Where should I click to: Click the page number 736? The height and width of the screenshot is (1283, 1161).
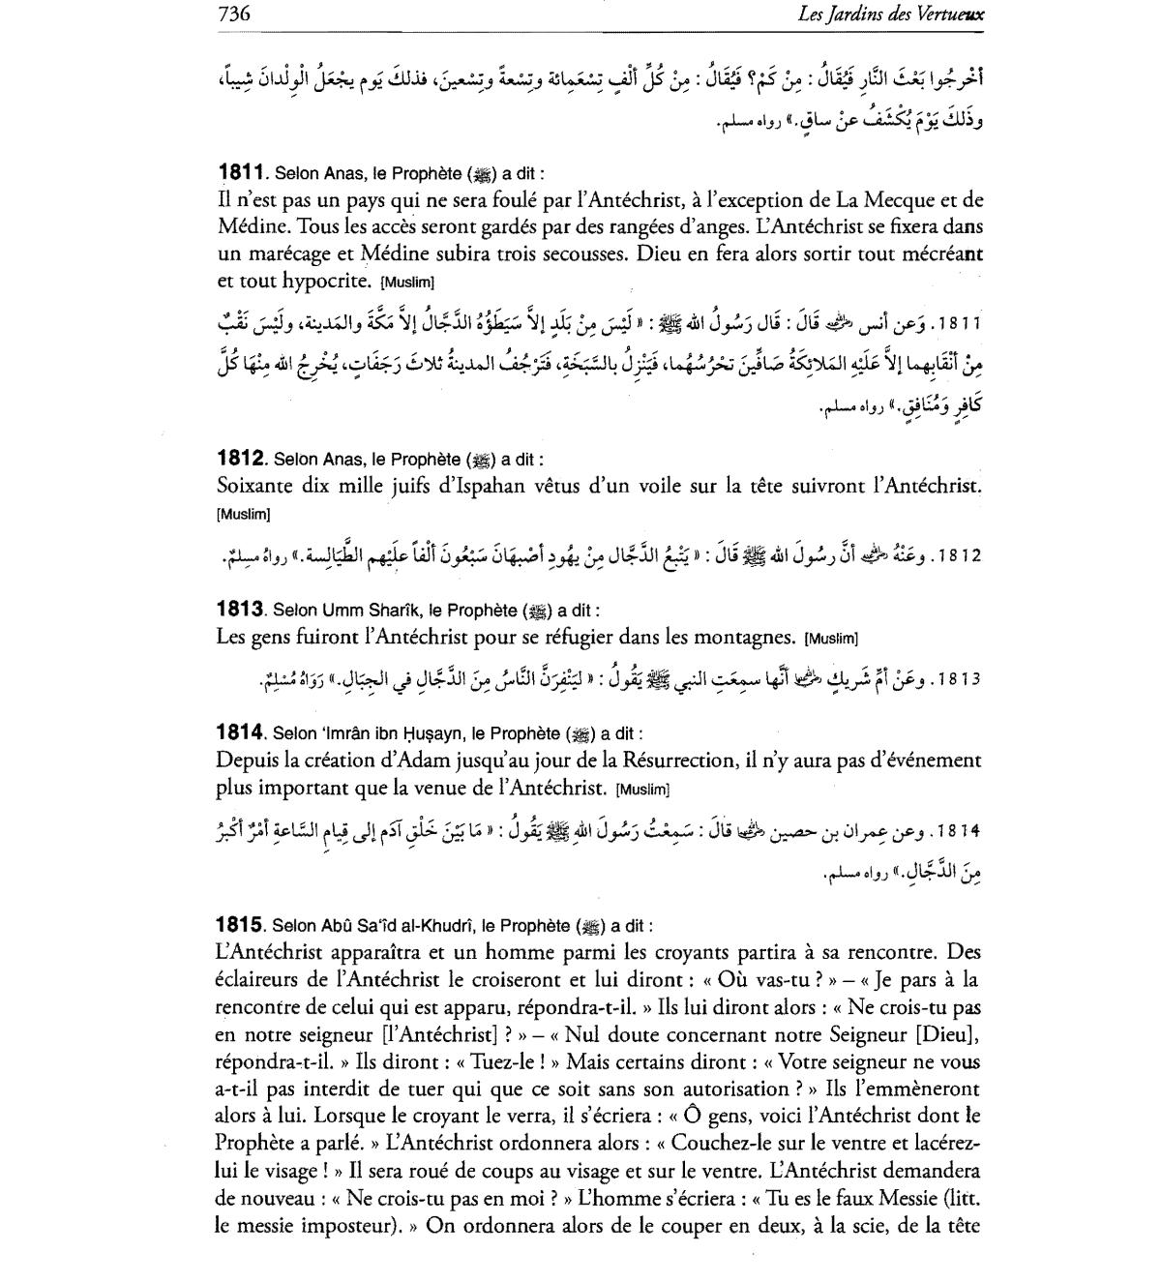point(234,14)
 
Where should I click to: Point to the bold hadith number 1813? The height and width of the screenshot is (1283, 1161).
point(240,611)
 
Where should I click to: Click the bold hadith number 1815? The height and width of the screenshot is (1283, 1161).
point(240,925)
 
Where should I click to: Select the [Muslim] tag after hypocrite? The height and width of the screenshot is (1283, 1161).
point(408,283)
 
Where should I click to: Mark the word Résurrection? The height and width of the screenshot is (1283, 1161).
point(716,761)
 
